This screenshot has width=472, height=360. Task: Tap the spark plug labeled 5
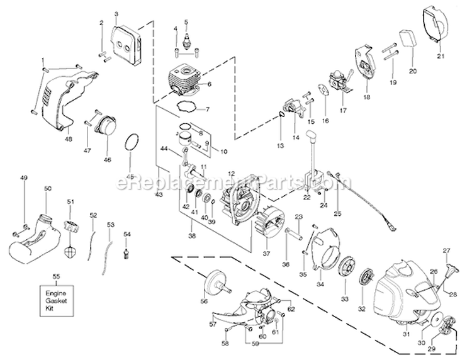coord(186,38)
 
